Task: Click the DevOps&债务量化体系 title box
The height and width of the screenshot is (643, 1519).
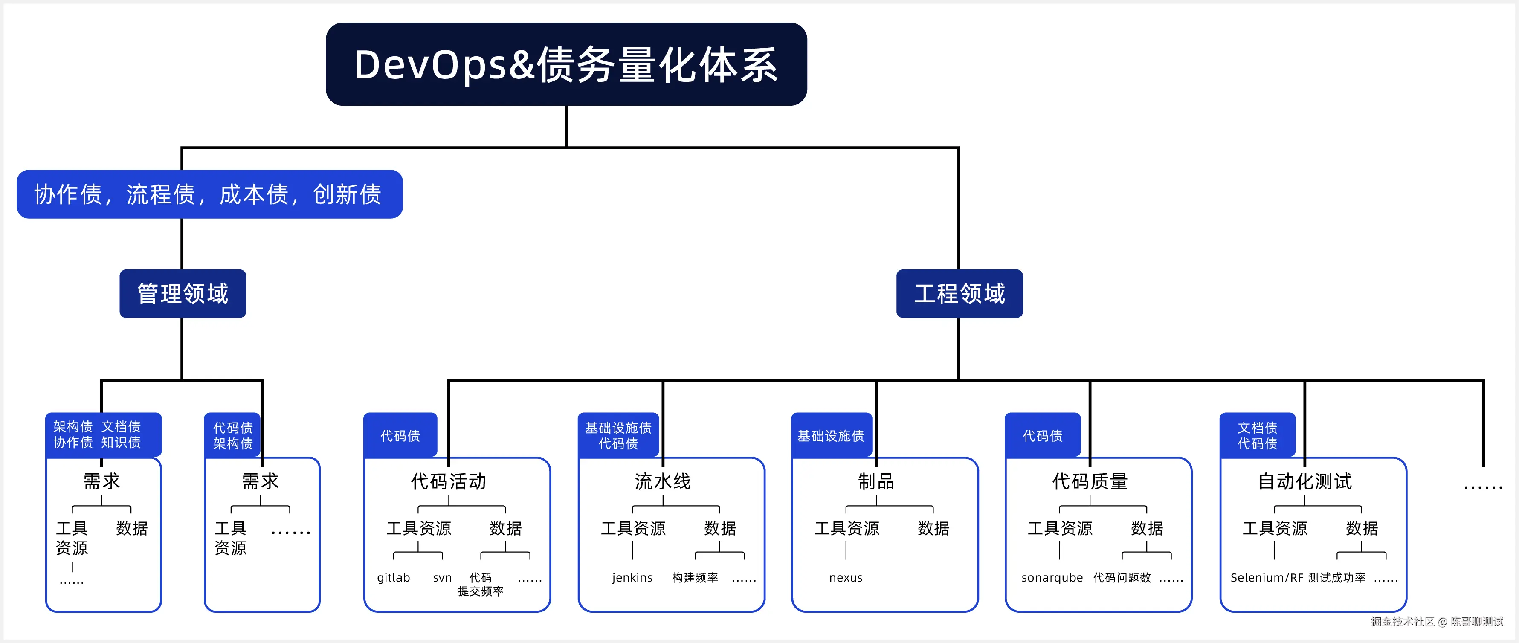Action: click(566, 64)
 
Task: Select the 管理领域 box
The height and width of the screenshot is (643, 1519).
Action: click(183, 293)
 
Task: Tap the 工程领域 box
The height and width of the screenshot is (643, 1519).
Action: click(960, 293)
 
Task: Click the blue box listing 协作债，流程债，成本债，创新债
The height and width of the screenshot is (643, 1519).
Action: click(209, 194)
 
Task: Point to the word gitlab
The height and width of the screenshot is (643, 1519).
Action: click(393, 578)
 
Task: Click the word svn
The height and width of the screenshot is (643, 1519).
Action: click(442, 578)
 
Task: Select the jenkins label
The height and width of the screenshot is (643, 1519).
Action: click(632, 578)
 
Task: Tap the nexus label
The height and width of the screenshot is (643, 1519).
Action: click(846, 578)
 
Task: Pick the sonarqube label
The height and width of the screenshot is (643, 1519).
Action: click(1052, 578)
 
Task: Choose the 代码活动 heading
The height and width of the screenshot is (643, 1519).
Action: click(449, 481)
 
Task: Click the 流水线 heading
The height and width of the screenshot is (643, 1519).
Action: click(663, 481)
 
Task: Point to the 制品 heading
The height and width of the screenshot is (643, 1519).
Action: click(876, 481)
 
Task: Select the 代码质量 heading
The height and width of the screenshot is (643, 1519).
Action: click(1090, 481)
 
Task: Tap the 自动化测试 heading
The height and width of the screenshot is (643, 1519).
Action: click(1305, 481)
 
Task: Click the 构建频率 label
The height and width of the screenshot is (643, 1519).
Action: click(695, 578)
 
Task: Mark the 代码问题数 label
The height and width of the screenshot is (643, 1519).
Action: click(1122, 578)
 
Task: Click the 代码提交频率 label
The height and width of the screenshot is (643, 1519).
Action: click(481, 584)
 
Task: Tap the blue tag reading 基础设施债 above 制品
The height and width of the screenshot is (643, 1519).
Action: click(831, 435)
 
